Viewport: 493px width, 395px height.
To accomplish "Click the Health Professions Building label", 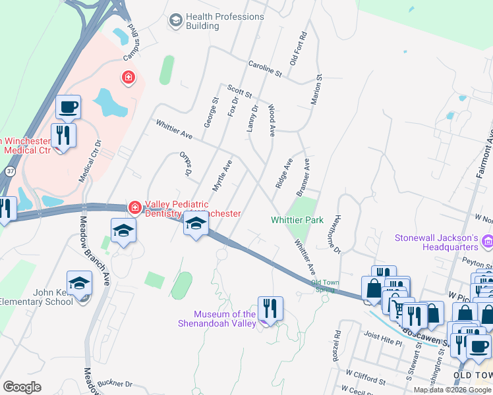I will [224, 21].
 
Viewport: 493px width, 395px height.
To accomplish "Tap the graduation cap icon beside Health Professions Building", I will [176, 21].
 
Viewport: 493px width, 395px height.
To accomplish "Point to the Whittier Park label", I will [297, 220].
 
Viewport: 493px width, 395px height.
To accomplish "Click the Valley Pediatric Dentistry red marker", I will [134, 208].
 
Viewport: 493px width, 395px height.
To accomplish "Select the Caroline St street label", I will [265, 68].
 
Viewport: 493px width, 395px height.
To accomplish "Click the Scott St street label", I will [239, 91].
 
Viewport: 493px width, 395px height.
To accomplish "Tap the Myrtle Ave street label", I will [222, 175].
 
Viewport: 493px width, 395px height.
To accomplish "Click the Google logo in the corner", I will [22, 387].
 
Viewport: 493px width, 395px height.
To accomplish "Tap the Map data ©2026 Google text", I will [452, 390].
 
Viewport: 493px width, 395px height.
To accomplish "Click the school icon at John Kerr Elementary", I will [80, 284].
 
